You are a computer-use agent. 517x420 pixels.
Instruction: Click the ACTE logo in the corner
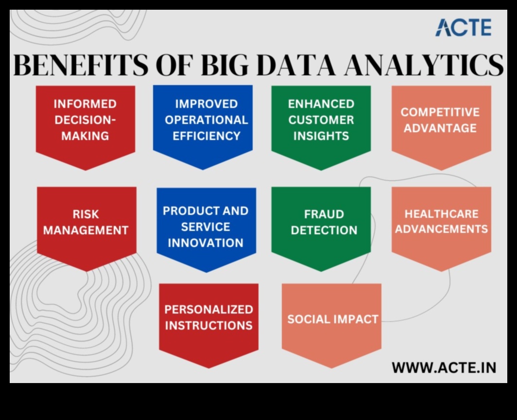pyautogui.click(x=463, y=27)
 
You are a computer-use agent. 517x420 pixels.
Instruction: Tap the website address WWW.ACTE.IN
pyautogui.click(x=444, y=367)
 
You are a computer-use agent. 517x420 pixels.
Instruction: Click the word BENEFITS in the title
pyautogui.click(x=79, y=66)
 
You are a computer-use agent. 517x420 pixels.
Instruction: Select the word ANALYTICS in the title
pyautogui.click(x=423, y=66)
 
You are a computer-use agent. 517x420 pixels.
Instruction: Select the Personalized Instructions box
pyautogui.click(x=208, y=321)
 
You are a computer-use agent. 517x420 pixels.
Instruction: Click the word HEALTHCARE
pyautogui.click(x=441, y=214)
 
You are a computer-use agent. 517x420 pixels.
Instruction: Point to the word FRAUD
pyautogui.click(x=324, y=214)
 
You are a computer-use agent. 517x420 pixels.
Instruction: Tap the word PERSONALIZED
pyautogui.click(x=208, y=310)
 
